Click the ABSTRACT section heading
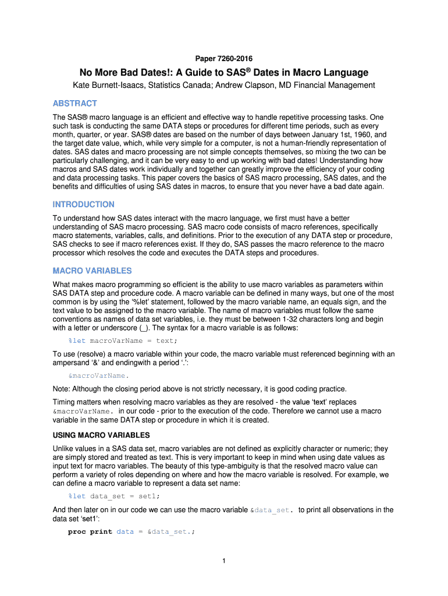(75, 104)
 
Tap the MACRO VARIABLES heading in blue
(92, 271)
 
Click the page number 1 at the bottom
(223, 561)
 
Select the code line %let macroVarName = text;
(122, 340)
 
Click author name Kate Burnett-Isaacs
(111, 86)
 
